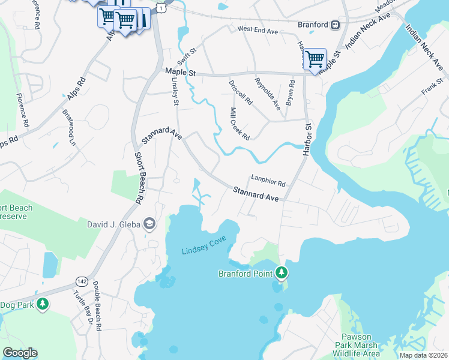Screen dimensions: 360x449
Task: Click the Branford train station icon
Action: (x=335, y=25)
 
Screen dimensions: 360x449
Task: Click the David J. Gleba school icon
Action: (x=149, y=225)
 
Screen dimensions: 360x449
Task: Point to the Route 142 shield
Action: (x=82, y=281)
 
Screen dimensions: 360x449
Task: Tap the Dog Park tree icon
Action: (x=42, y=304)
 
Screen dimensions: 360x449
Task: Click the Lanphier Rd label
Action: (x=268, y=179)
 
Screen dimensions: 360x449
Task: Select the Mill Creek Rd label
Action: (x=240, y=124)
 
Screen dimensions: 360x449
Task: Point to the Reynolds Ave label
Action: (x=267, y=94)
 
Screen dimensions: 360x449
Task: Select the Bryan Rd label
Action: (x=290, y=93)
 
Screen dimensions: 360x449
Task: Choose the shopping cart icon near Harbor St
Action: (x=315, y=59)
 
